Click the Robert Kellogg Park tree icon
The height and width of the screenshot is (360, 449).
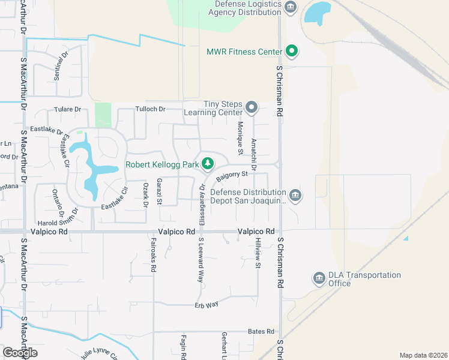(208, 163)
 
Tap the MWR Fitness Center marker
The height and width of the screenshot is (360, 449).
(291, 52)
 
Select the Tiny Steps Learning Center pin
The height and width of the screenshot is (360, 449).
(252, 109)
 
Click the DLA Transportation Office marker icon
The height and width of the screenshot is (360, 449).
(319, 278)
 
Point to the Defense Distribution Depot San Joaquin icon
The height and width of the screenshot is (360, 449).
(295, 195)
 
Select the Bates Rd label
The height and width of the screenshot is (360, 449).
(261, 331)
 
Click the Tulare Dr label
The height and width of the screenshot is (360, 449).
(67, 109)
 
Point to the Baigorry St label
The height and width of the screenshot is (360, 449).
(232, 176)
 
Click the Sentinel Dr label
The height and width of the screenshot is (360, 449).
(58, 67)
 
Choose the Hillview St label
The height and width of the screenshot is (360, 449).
(258, 252)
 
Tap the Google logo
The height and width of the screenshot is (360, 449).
(19, 353)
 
